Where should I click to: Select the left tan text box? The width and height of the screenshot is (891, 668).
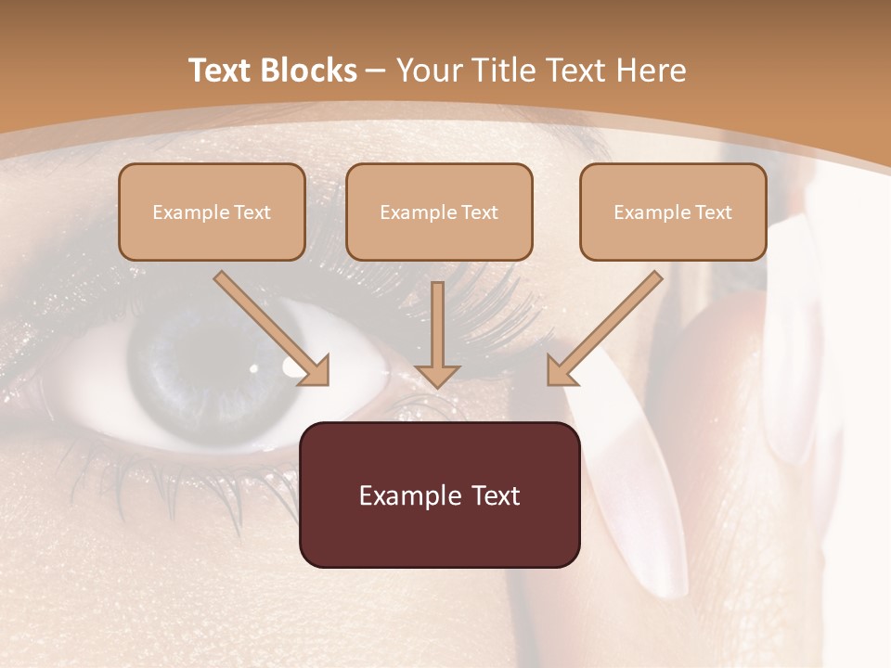212,212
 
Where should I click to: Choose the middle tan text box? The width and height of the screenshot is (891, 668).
439,212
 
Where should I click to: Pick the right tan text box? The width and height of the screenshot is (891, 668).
673,212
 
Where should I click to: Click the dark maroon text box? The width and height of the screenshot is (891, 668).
439,495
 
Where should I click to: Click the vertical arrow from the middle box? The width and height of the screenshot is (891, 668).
437,334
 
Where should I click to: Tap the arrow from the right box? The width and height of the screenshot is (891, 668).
604,329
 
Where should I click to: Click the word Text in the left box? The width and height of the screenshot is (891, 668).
252,212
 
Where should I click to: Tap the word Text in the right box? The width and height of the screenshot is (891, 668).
714,212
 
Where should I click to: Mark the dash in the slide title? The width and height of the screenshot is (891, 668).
376,71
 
